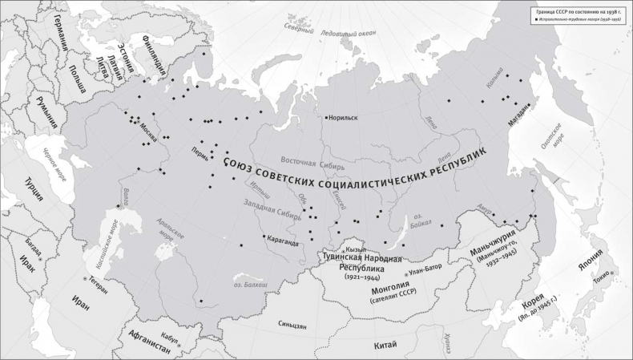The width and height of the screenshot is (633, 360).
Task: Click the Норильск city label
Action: pyautogui.click(x=343, y=117)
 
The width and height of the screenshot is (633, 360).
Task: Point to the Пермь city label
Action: pyautogui.click(x=200, y=149)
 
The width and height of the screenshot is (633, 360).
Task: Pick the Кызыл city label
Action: pyautogui.click(x=358, y=250)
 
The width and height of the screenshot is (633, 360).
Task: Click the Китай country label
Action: pyautogui.click(x=385, y=344)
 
